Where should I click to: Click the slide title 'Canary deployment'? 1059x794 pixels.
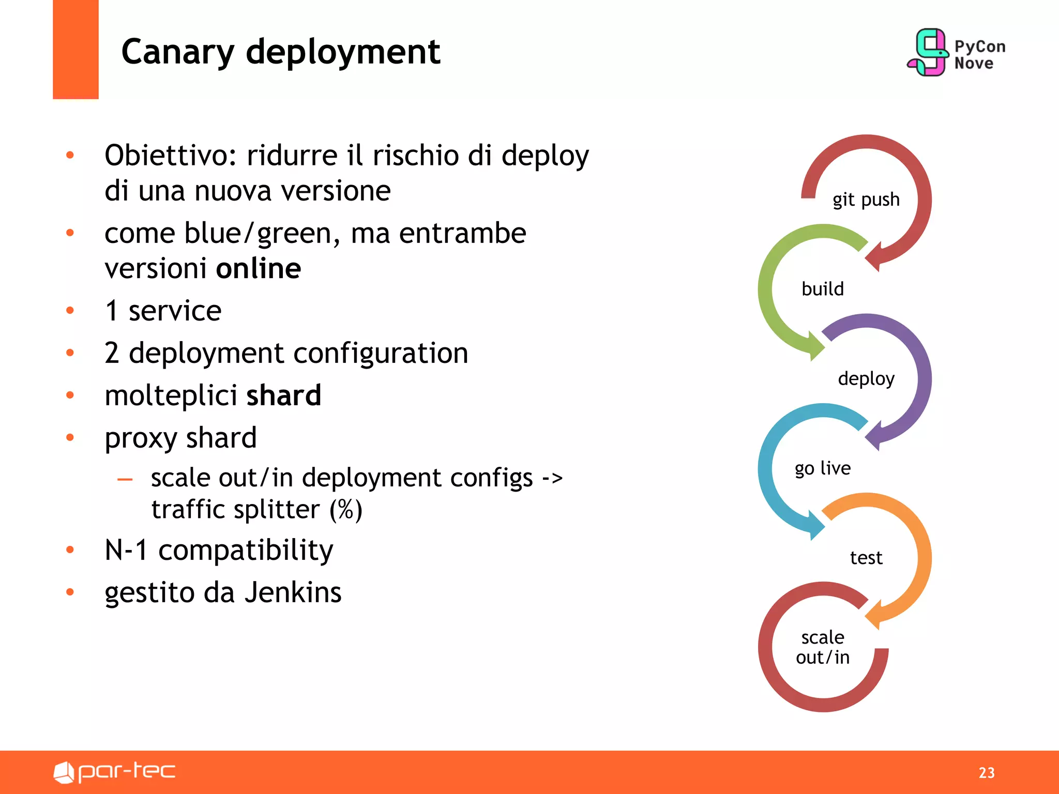pos(280,52)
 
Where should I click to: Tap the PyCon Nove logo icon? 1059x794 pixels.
pos(928,52)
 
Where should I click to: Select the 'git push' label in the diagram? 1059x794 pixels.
pos(866,200)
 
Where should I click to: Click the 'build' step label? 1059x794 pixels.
pos(822,289)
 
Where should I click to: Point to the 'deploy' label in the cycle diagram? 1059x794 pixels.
pos(866,379)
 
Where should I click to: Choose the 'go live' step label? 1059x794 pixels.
pos(822,468)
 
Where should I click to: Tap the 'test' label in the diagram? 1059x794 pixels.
pos(866,558)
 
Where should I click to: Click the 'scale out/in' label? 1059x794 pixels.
pos(822,647)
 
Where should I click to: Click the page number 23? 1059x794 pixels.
pos(987,773)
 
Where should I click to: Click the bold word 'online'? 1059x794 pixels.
pos(258,269)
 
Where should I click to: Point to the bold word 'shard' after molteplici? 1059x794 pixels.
pos(283,396)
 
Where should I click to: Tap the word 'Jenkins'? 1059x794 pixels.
pos(293,592)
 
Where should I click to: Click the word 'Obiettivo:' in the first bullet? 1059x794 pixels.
pos(171,156)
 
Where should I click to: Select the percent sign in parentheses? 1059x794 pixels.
pos(346,510)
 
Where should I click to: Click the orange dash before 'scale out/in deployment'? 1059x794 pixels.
pos(125,480)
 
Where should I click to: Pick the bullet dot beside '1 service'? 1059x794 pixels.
pos(70,311)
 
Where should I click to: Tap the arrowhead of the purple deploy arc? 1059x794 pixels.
pos(874,436)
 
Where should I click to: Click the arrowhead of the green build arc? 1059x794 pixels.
pos(816,345)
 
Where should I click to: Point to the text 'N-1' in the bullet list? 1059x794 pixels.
pos(126,550)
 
